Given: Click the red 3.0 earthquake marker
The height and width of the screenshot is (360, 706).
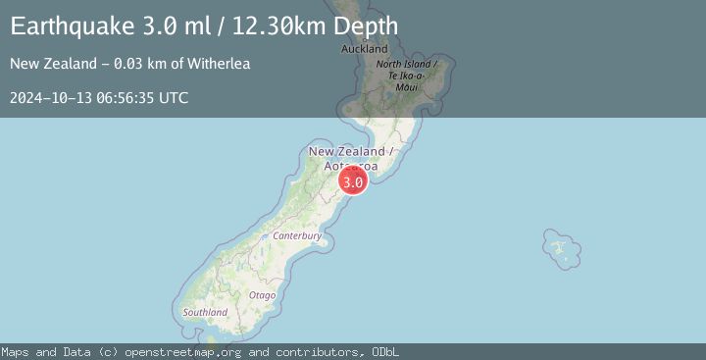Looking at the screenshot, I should click(353, 180).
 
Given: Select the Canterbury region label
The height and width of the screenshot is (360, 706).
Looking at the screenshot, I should click(298, 236).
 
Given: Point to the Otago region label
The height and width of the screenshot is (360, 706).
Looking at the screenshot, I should click(262, 294).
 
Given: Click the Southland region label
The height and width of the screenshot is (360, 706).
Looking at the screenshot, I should click(205, 312).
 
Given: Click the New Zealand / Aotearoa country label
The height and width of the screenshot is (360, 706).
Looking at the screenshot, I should click(350, 158).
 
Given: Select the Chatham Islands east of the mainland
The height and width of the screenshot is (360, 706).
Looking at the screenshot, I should click(559, 248).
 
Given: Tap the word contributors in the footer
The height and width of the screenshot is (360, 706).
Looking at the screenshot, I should click(312, 352).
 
